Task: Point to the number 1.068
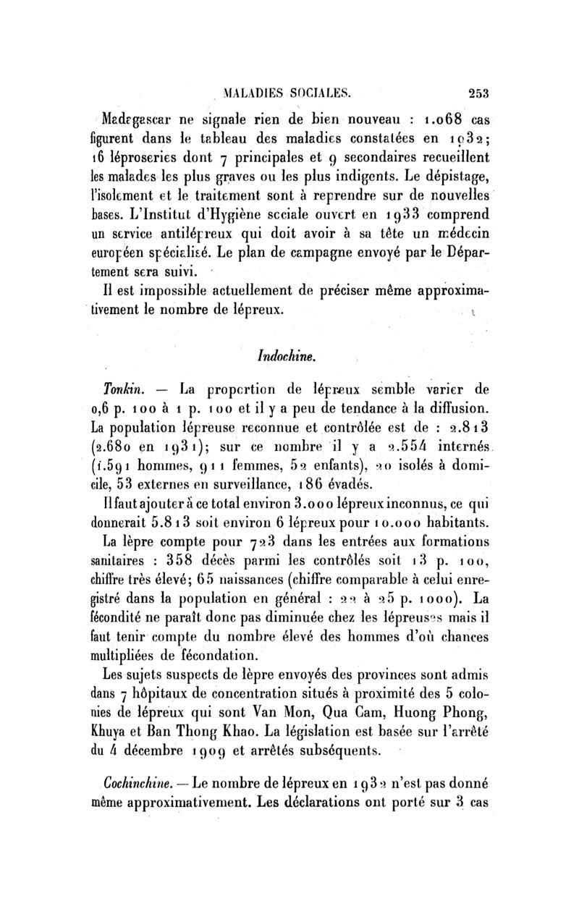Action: pyautogui.click(x=446, y=119)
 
